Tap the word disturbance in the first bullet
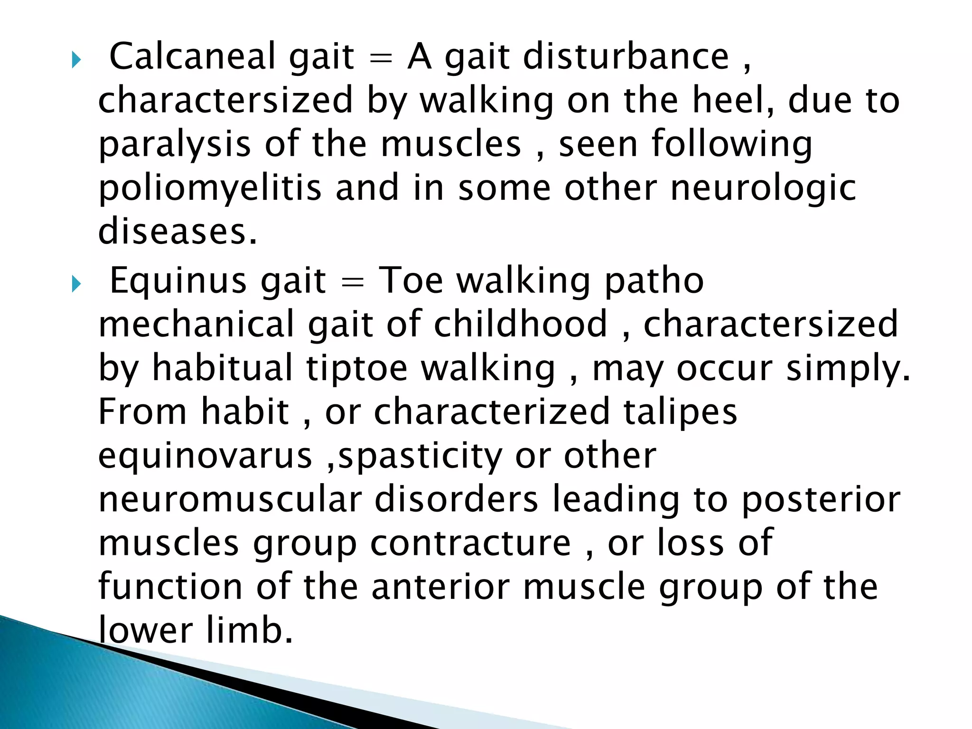[626, 56]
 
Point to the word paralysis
[174, 145]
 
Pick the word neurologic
[763, 188]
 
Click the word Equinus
[178, 281]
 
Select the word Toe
[411, 281]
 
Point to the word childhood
[520, 324]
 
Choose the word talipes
[680, 411]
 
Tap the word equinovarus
[205, 456]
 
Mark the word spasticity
[420, 456]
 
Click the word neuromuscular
[230, 499]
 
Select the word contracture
[470, 543]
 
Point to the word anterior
[440, 587]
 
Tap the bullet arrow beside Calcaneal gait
[76, 60]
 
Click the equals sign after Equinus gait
[352, 283]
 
